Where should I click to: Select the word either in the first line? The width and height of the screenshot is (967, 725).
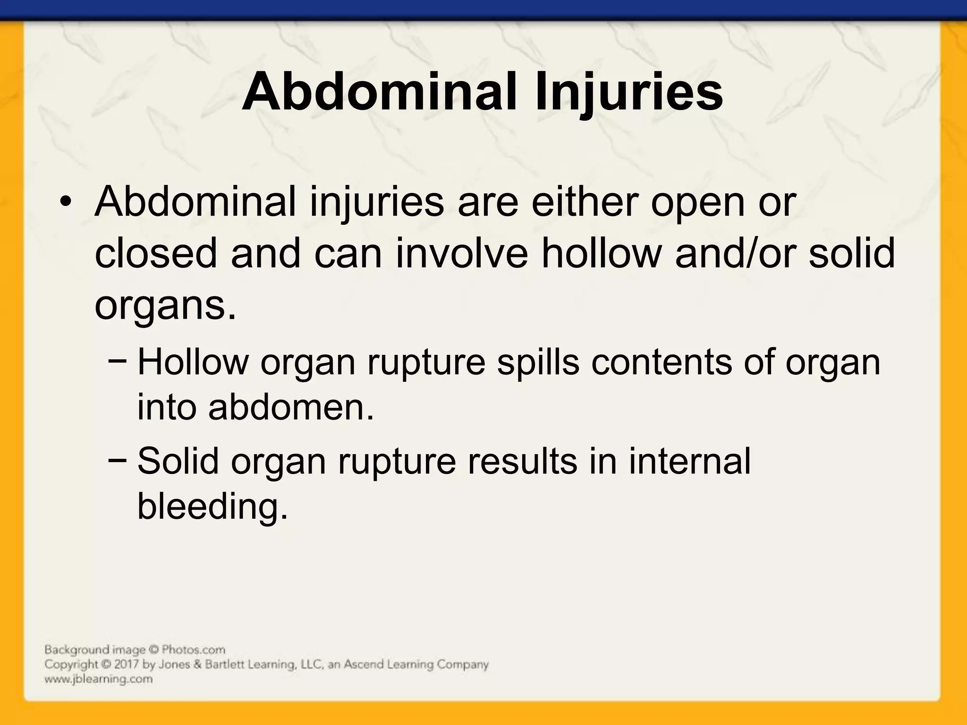[584, 202]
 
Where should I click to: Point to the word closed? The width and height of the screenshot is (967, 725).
[156, 253]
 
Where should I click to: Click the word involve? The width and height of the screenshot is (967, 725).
[462, 253]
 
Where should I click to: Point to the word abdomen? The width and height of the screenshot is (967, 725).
[291, 407]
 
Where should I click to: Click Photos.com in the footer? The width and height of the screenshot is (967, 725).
[193, 650]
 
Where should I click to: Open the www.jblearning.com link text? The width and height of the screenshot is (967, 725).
[98, 679]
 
